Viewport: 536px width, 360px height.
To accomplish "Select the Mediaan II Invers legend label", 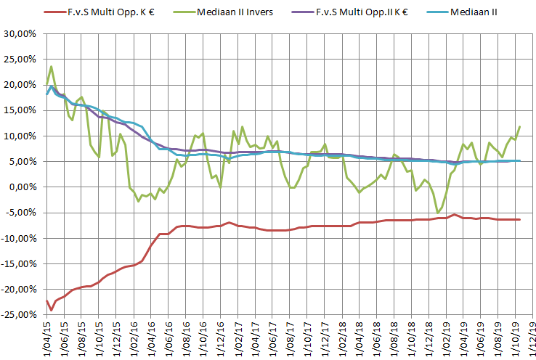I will pyautogui.click(x=232, y=12).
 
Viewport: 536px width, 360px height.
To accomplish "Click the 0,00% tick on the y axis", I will pyautogui.click(x=23, y=187).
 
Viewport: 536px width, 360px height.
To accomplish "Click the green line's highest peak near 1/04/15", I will pyautogui.click(x=51, y=67).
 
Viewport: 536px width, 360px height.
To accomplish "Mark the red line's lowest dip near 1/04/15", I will pyautogui.click(x=51, y=310).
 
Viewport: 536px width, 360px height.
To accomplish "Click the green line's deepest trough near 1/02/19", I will pyautogui.click(x=438, y=212).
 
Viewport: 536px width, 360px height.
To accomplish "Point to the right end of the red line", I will pyautogui.click(x=519, y=219).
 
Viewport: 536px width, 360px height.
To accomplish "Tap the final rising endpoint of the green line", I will pyautogui.click(x=519, y=127).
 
